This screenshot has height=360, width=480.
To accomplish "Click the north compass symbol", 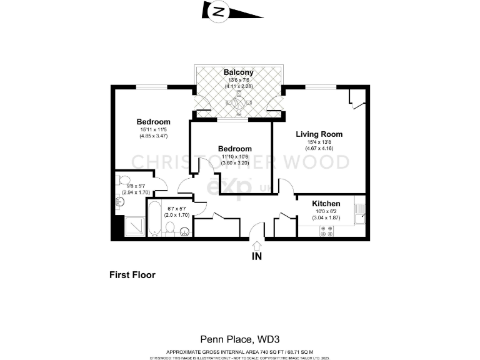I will click(218, 11).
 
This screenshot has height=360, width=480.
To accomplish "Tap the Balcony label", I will click(239, 72).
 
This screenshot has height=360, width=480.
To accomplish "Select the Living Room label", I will click(319, 134).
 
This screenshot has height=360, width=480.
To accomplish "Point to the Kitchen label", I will click(326, 204).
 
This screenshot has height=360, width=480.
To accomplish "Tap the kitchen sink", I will click(359, 215).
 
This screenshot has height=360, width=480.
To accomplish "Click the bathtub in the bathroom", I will click(156, 219).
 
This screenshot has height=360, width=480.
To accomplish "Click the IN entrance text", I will click(256, 256).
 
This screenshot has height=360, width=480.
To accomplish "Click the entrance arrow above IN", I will click(256, 245).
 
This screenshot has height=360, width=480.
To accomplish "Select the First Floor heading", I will click(132, 274).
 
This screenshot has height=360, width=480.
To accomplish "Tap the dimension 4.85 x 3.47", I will click(154, 136).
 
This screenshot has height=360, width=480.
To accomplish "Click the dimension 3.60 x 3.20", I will click(234, 163).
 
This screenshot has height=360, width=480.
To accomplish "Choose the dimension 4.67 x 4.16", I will click(319, 149).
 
